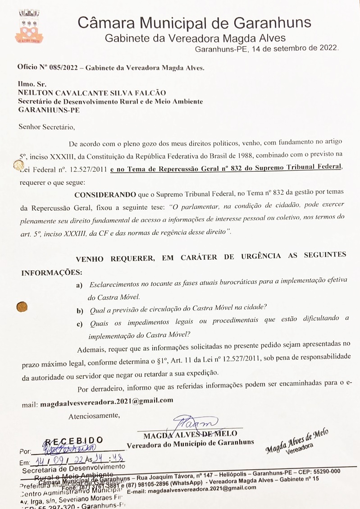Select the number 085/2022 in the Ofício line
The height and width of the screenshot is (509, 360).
tap(58, 68)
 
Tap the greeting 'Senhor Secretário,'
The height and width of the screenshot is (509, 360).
tap(44, 127)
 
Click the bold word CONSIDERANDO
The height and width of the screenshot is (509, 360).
tap(105, 194)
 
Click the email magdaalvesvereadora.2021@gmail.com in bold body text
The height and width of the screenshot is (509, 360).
tap(107, 400)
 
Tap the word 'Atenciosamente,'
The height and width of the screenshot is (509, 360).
tap(94, 416)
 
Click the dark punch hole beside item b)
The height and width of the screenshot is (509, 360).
tap(21, 307)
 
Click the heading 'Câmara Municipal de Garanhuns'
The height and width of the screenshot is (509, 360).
tap(194, 22)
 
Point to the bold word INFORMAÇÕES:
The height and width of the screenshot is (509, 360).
tap(52, 272)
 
